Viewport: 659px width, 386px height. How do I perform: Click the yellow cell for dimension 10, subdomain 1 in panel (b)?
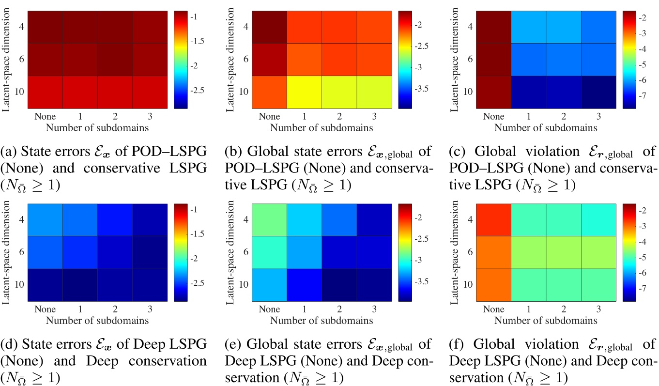tap(304, 92)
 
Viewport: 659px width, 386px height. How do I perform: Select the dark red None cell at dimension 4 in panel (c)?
tap(494, 27)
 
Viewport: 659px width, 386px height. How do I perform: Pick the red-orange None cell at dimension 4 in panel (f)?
tap(494, 220)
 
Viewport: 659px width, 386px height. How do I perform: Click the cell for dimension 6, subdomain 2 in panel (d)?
tap(115, 252)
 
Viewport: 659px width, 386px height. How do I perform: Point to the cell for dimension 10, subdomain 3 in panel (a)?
tap(150, 92)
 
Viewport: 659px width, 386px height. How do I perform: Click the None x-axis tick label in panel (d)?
tap(45, 309)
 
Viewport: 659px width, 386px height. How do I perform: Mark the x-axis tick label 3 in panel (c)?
tap(599, 117)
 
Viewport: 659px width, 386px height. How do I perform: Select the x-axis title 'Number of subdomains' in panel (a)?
tap(97, 128)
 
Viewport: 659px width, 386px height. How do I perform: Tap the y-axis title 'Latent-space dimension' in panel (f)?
tap(455, 252)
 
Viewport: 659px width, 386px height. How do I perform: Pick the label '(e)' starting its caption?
tap(233, 344)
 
